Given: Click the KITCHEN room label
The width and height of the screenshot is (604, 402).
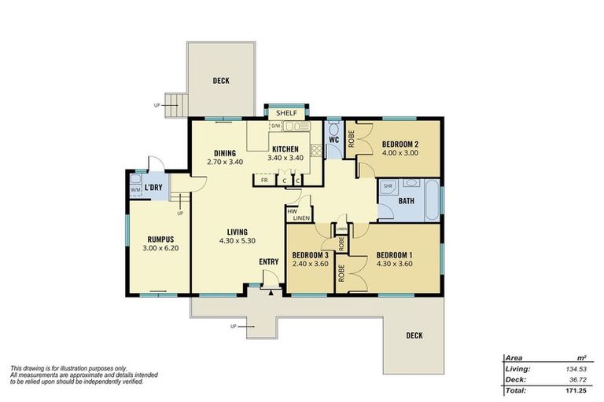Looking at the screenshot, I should (285, 149).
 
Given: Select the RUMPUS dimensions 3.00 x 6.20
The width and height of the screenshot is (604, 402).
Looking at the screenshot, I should (160, 248).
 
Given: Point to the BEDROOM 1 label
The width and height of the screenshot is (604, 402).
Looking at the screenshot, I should (394, 254).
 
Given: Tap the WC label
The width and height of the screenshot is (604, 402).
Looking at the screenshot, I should (333, 141).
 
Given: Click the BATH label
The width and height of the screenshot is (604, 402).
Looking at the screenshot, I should (406, 201).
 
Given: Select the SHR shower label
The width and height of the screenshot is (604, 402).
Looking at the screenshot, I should (388, 186).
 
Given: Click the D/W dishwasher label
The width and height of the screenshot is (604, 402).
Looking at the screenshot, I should (276, 126).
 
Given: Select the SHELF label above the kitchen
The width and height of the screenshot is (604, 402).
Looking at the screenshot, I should (286, 113).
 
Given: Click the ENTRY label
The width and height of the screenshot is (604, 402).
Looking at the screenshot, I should (269, 262).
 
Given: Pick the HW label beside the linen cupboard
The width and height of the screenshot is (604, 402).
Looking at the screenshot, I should (292, 211).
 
